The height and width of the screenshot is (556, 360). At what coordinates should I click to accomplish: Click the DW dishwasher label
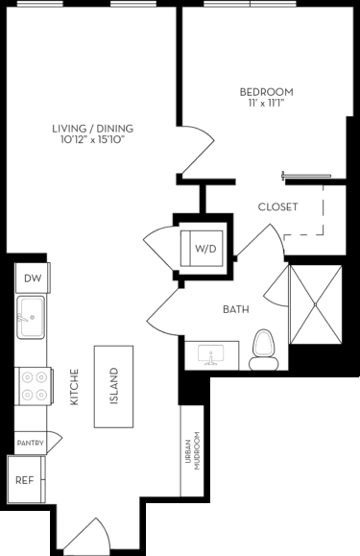[33, 278]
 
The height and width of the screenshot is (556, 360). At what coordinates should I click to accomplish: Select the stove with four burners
[33, 385]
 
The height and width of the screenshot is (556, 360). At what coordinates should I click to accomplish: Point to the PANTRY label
[30, 442]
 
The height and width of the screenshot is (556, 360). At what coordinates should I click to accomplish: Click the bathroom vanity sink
[213, 356]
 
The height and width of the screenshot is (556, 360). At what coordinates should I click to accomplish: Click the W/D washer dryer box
[205, 249]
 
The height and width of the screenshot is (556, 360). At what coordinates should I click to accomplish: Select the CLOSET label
[277, 206]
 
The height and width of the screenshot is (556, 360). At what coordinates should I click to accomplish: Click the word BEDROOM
[266, 92]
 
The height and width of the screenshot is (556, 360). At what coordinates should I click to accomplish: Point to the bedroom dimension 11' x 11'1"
[266, 104]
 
